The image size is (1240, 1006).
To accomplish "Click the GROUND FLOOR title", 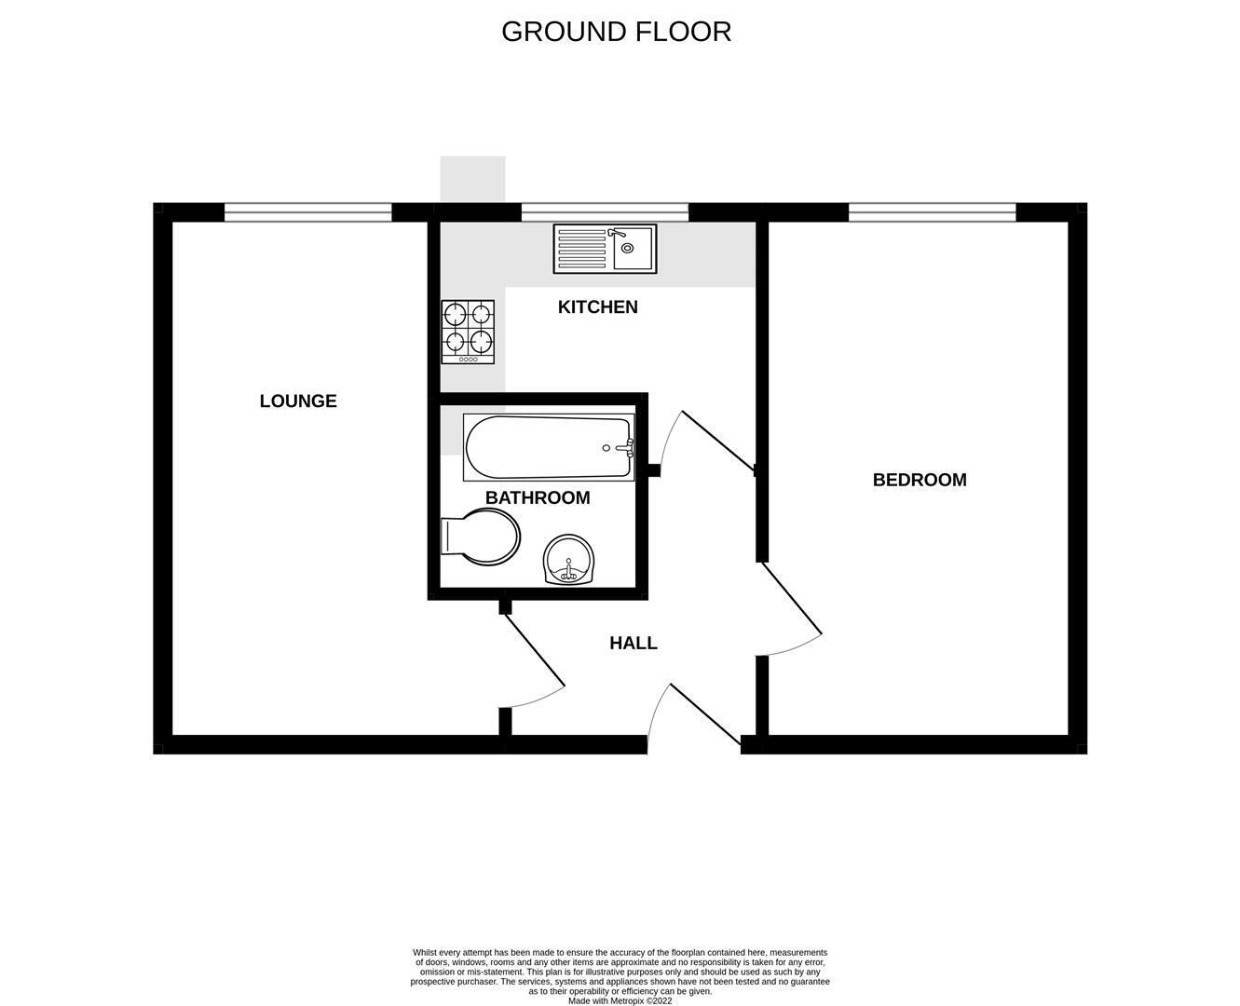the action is pyautogui.click(x=616, y=32).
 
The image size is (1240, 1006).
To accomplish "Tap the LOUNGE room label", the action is pyautogui.click(x=298, y=401).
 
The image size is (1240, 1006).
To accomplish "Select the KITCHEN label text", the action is pyautogui.click(x=598, y=307).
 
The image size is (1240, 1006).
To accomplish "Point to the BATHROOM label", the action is pyautogui.click(x=538, y=497).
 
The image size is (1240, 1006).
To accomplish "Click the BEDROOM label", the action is pyautogui.click(x=920, y=480).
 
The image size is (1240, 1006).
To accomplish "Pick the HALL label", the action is pyautogui.click(x=634, y=643).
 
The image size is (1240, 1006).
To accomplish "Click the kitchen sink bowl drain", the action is pyautogui.click(x=627, y=249).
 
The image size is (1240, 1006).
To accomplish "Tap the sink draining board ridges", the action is pyautogui.click(x=581, y=249).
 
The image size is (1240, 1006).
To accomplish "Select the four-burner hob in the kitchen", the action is pyautogui.click(x=468, y=332).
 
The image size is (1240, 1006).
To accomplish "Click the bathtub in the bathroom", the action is pyautogui.click(x=549, y=447).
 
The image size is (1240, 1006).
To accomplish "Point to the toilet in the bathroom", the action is pyautogui.click(x=481, y=537).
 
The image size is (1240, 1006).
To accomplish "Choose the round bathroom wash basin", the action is pyautogui.click(x=569, y=560).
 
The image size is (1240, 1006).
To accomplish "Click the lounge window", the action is pyautogui.click(x=308, y=212).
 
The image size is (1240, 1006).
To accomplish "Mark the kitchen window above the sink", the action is pyautogui.click(x=605, y=212).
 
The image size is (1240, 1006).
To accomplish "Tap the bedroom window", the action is pyautogui.click(x=932, y=212).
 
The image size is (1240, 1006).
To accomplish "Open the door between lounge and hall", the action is pyautogui.click(x=535, y=650).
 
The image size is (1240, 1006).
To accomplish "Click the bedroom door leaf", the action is pyautogui.click(x=792, y=598).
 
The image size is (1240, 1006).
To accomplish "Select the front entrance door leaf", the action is pyautogui.click(x=705, y=714).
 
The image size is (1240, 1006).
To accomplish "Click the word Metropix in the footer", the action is pyautogui.click(x=627, y=1001).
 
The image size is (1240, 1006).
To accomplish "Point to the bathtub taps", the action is pyautogui.click(x=627, y=447).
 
